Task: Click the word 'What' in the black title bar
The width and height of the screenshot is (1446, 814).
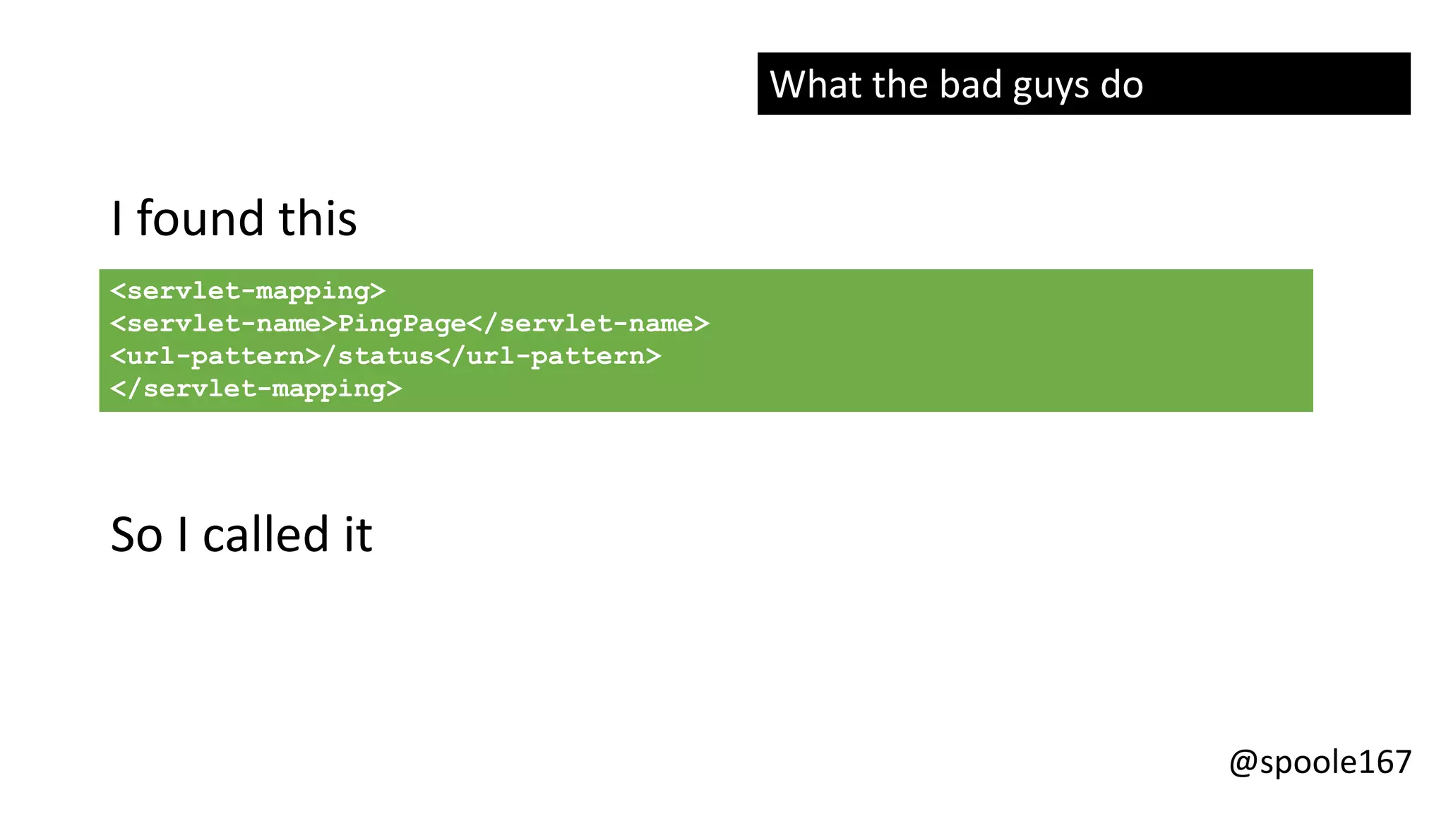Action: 815,85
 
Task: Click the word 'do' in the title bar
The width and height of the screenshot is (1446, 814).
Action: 1121,85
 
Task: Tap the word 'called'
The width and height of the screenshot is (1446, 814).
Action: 266,534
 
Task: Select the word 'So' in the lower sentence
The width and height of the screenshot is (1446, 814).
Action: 136,534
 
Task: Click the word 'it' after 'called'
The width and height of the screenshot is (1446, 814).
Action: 358,534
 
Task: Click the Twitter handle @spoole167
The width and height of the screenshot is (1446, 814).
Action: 1320,762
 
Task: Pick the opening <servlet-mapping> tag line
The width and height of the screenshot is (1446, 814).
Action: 248,291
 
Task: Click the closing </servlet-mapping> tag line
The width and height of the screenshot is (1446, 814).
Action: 256,389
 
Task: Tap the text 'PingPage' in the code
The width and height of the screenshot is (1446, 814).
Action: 402,324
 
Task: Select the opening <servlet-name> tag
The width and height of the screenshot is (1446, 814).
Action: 224,324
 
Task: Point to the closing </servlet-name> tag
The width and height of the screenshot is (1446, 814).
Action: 588,324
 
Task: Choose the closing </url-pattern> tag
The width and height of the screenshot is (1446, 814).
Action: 548,356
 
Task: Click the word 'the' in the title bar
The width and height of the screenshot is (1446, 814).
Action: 900,85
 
